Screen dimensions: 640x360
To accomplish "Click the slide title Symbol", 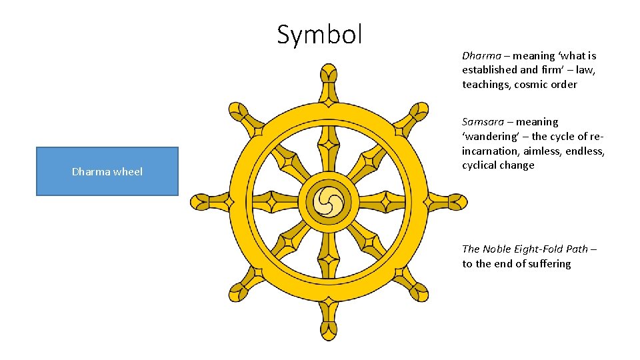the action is [319, 35].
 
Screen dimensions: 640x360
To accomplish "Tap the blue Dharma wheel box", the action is [107, 171].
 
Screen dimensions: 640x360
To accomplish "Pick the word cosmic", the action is [531, 85].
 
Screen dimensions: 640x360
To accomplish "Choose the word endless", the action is [585, 151].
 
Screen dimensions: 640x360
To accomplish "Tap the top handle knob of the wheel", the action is [328, 73].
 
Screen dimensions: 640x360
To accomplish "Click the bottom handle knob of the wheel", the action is [328, 329].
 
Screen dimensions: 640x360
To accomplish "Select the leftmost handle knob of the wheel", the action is [199, 201].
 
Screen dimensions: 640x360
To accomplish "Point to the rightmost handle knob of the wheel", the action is [457, 201].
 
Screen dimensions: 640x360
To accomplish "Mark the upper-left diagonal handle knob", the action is [237, 111].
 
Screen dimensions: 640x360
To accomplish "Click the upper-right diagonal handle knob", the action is [419, 111].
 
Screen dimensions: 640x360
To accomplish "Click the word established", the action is [489, 70].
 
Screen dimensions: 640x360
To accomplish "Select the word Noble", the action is [497, 249].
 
